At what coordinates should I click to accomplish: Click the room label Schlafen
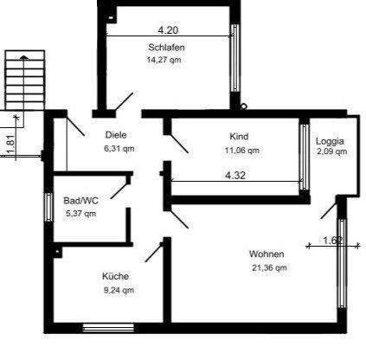[x=166, y=47]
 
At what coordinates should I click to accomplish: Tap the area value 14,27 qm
[x=164, y=60]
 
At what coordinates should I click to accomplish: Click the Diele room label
[x=117, y=135]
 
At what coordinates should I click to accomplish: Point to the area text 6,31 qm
[x=119, y=148]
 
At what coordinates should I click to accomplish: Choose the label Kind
[x=239, y=137]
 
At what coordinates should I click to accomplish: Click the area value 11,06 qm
[x=241, y=150]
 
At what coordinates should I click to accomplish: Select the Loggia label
[x=330, y=140]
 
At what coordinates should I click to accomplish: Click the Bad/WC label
[x=81, y=201]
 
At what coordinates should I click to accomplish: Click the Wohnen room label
[x=266, y=254]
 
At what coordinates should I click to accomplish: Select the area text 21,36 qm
[x=268, y=267]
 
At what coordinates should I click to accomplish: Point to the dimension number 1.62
[x=331, y=241]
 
